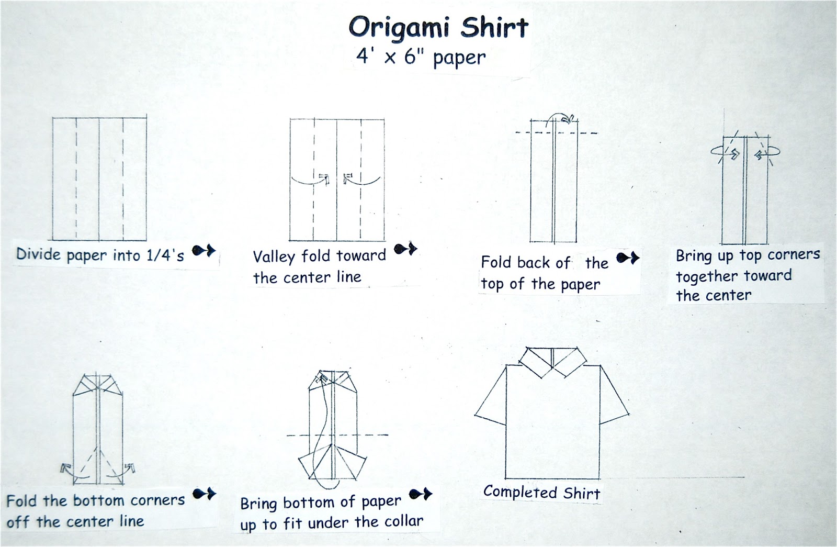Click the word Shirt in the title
tap(494, 27)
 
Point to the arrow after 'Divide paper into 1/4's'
tap(203, 250)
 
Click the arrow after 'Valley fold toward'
tap(405, 248)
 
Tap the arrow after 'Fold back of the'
tap(628, 258)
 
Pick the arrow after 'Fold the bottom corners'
tap(205, 494)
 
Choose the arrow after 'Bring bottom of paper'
tap(421, 494)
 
